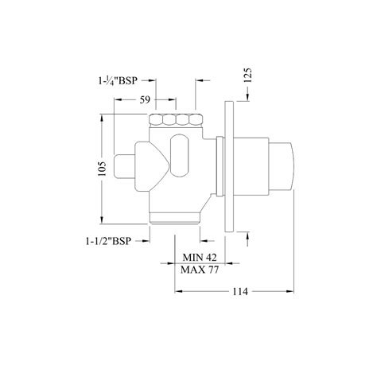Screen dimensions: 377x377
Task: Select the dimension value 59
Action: point(134,101)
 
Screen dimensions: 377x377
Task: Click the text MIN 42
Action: point(199,257)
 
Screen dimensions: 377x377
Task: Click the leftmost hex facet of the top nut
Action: point(157,121)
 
